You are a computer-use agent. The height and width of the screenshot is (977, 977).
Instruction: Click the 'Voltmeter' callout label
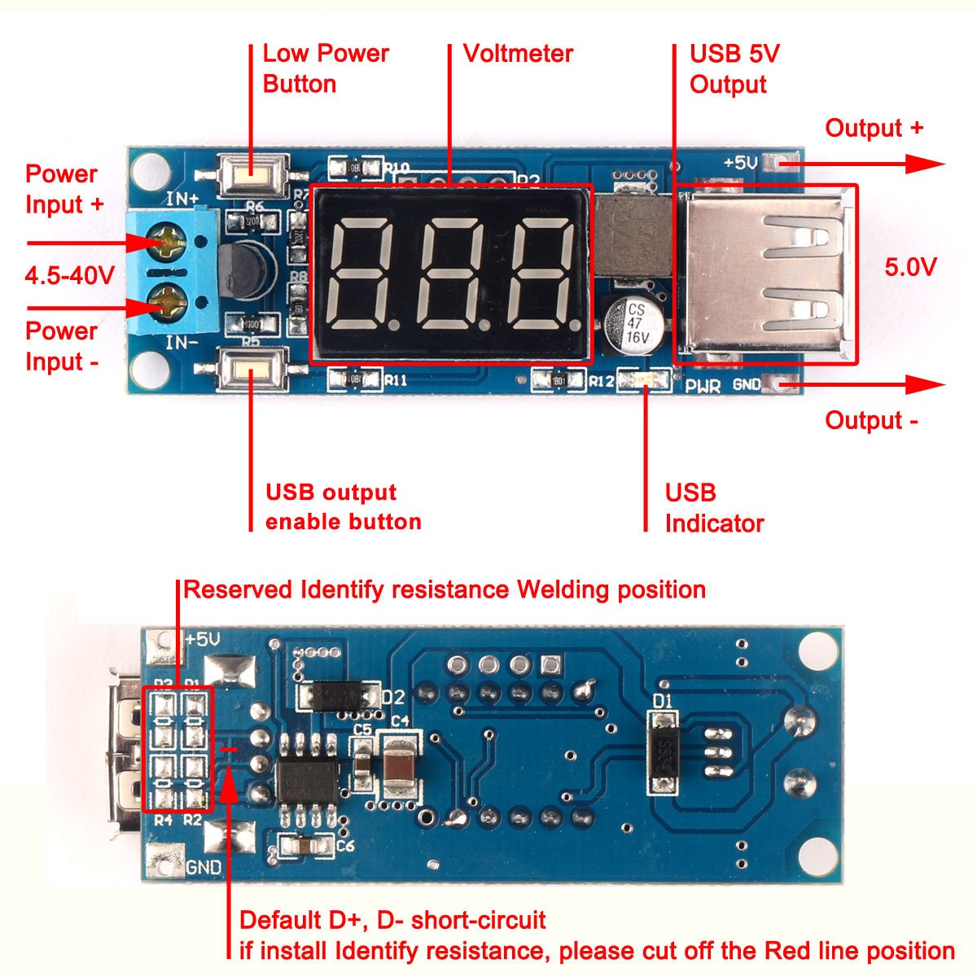[518, 54]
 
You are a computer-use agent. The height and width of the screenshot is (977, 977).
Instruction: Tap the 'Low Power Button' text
[324, 68]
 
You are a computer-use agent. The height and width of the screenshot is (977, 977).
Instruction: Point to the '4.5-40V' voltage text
[69, 275]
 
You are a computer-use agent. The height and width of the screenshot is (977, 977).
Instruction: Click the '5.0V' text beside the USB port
[910, 266]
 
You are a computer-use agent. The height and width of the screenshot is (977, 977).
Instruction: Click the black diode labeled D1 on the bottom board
[663, 752]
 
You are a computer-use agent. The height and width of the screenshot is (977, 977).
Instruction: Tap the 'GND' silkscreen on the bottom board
[203, 868]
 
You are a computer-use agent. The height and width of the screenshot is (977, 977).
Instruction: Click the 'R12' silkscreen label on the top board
[602, 381]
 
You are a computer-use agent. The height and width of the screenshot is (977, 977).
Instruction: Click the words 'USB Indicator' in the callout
[713, 508]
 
